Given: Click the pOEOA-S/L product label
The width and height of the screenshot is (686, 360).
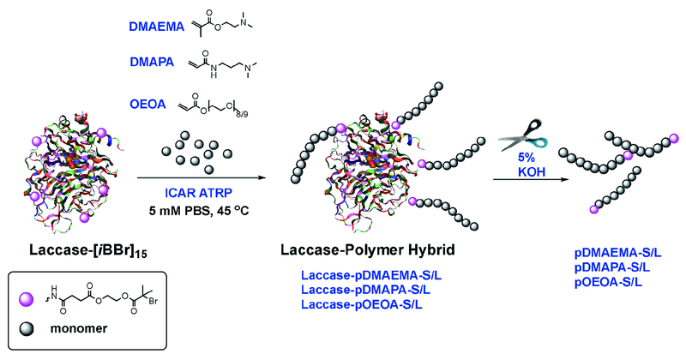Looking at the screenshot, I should click(x=610, y=282).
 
